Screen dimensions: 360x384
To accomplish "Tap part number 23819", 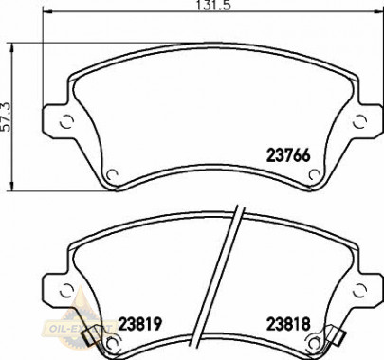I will coord(139,323).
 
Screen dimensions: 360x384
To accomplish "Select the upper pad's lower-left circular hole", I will coord(111,173).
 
